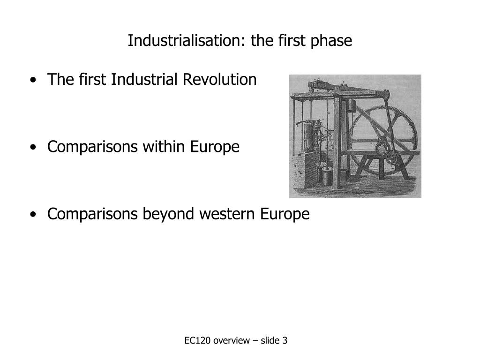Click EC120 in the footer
[197, 341]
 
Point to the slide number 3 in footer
[285, 341]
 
